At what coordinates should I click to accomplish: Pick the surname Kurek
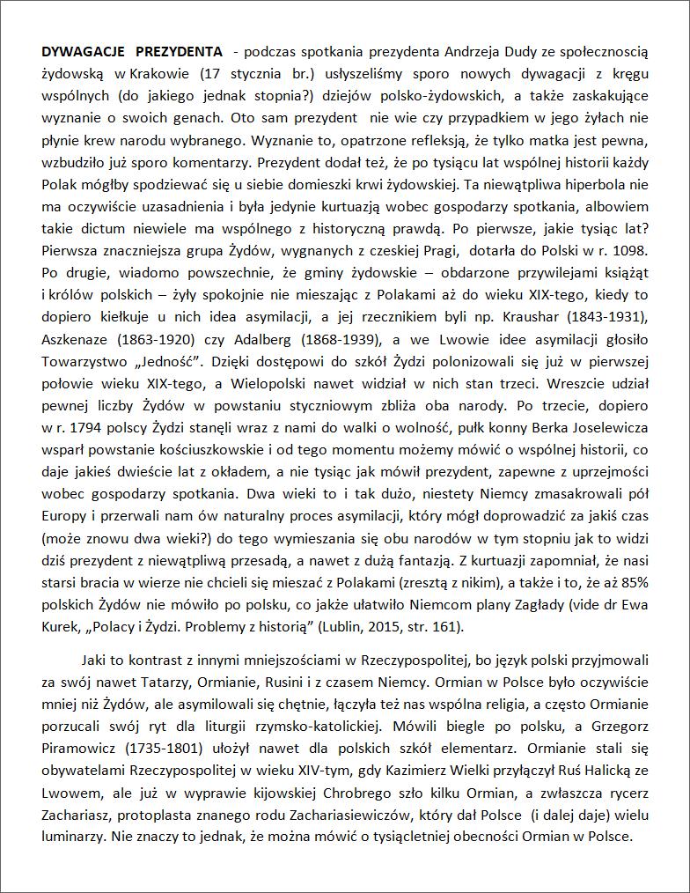pyautogui.click(x=60, y=627)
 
